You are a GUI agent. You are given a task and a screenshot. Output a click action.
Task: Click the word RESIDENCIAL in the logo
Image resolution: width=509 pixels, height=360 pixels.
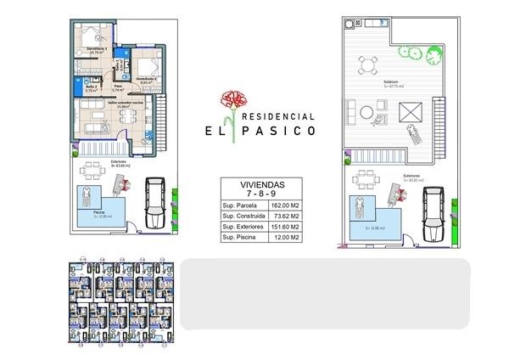[280, 115]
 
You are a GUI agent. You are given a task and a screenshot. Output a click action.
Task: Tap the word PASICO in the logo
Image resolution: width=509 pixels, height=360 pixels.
[283, 132]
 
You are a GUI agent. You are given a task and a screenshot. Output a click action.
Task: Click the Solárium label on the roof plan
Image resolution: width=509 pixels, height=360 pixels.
[391, 82]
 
